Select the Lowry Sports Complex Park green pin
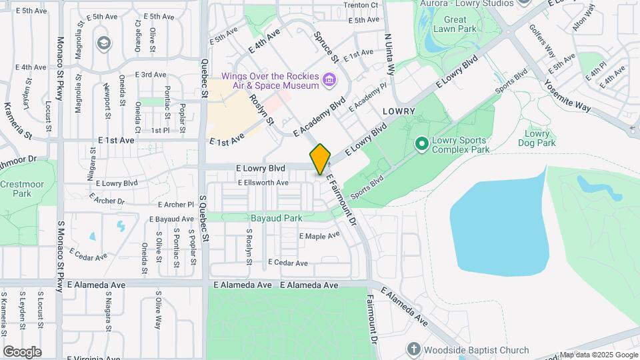421,143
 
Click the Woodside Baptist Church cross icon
413,349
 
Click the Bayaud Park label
276,218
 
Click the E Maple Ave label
319,236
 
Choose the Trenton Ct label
361,5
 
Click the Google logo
22,351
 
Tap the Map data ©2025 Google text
598,355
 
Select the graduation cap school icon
103,43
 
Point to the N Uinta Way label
391,55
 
